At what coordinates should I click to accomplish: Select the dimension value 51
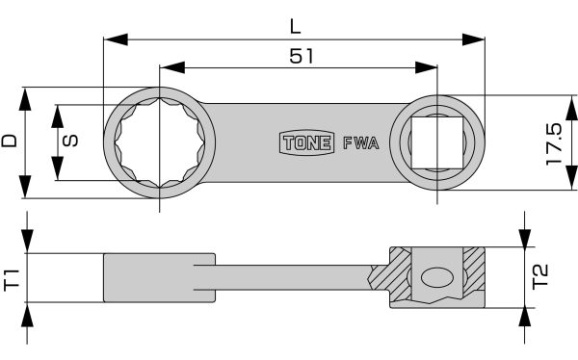[x=301, y=56]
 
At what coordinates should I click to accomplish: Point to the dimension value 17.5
[x=553, y=144]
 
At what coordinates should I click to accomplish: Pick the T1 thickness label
[x=13, y=281]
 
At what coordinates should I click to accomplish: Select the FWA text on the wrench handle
[x=359, y=143]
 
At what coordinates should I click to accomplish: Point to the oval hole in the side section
[x=436, y=277]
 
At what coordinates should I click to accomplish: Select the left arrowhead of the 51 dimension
[x=167, y=68]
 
